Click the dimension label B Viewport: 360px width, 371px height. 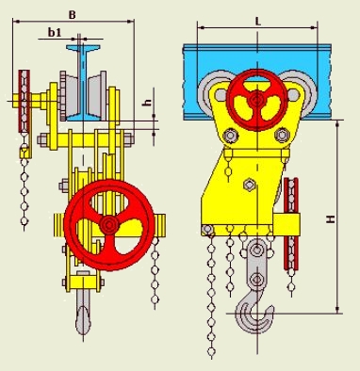[73, 15]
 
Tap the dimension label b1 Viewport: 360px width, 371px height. [55, 32]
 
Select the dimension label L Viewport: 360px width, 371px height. [258, 22]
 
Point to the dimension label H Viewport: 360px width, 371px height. [330, 218]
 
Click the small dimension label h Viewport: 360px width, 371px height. [148, 102]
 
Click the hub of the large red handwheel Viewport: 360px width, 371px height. [109, 225]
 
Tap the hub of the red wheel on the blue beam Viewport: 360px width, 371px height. [257, 100]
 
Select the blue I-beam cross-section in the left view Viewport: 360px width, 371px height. [83, 83]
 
